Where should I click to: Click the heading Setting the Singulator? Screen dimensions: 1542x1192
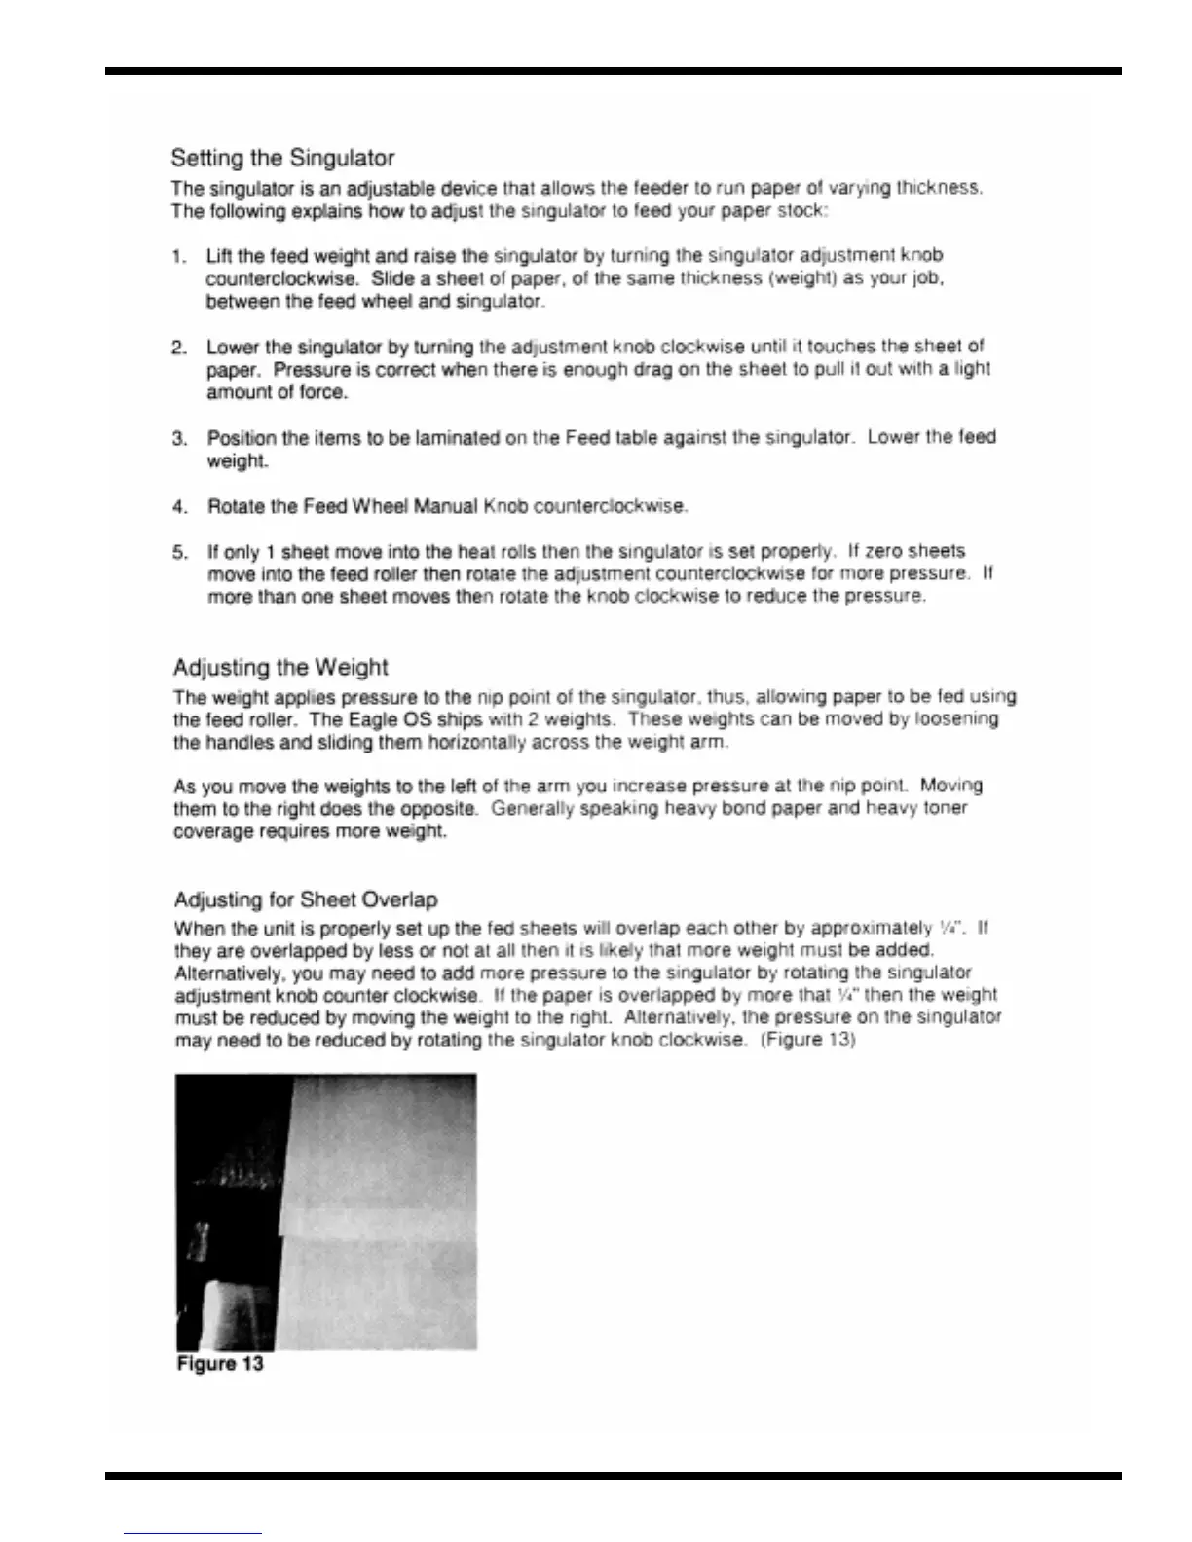coord(282,158)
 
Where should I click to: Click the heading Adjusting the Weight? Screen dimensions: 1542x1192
coord(280,668)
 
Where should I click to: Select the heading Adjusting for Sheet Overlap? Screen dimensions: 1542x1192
coord(306,899)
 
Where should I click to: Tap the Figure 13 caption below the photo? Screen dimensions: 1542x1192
coord(220,1364)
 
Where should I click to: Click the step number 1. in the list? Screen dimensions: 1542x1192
coord(178,257)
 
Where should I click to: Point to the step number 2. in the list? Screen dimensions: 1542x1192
coord(179,348)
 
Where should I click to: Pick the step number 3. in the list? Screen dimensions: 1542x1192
coord(179,438)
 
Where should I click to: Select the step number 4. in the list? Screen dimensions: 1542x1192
coord(179,507)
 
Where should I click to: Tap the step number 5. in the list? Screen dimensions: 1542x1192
coord(179,553)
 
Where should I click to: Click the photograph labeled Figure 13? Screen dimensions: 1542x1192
coord(326,1211)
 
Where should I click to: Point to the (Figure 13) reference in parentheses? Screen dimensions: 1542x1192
coord(807,1040)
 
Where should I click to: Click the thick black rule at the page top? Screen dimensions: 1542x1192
coord(614,71)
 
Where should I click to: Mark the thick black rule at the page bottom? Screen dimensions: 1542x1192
coord(614,1476)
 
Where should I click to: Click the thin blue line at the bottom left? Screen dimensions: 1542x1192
coord(193,1534)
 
